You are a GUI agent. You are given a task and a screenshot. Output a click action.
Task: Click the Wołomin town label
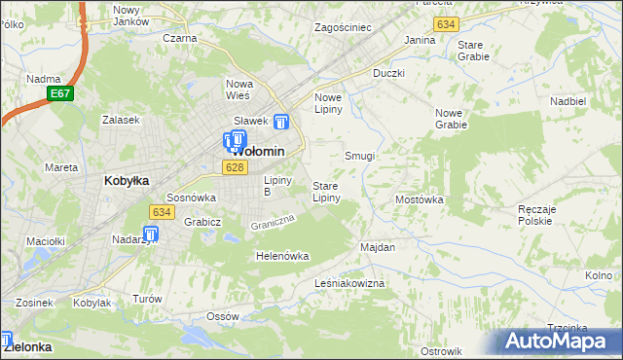(x=258, y=152)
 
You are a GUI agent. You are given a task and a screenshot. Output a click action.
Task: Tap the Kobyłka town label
(x=126, y=180)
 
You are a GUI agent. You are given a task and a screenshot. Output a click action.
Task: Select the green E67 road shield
(x=60, y=93)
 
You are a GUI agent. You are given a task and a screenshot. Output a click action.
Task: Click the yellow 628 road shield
(x=233, y=168)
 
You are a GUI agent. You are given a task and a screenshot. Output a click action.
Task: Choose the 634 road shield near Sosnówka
(x=161, y=211)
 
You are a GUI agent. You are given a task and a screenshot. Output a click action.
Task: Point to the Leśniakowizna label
(x=350, y=282)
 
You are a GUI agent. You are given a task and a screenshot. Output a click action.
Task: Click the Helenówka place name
(x=281, y=256)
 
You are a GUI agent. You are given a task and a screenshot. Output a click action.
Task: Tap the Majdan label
(x=378, y=247)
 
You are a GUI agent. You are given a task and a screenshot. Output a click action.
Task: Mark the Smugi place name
(x=360, y=156)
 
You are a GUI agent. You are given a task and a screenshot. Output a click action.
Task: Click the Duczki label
(x=388, y=73)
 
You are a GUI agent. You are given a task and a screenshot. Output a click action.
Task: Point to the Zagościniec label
(x=343, y=27)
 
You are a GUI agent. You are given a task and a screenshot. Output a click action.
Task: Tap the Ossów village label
(x=223, y=317)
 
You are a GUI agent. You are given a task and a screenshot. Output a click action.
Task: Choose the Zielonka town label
(x=27, y=345)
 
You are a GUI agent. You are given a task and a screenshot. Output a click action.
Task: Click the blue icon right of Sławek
(x=281, y=123)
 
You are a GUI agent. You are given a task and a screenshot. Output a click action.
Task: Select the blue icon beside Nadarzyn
(x=151, y=234)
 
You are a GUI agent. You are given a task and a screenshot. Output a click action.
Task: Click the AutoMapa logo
(x=563, y=342)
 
